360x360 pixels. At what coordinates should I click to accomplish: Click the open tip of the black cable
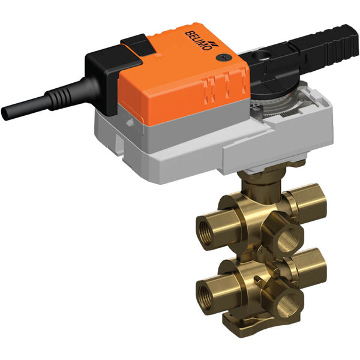[x=7, y=112]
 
